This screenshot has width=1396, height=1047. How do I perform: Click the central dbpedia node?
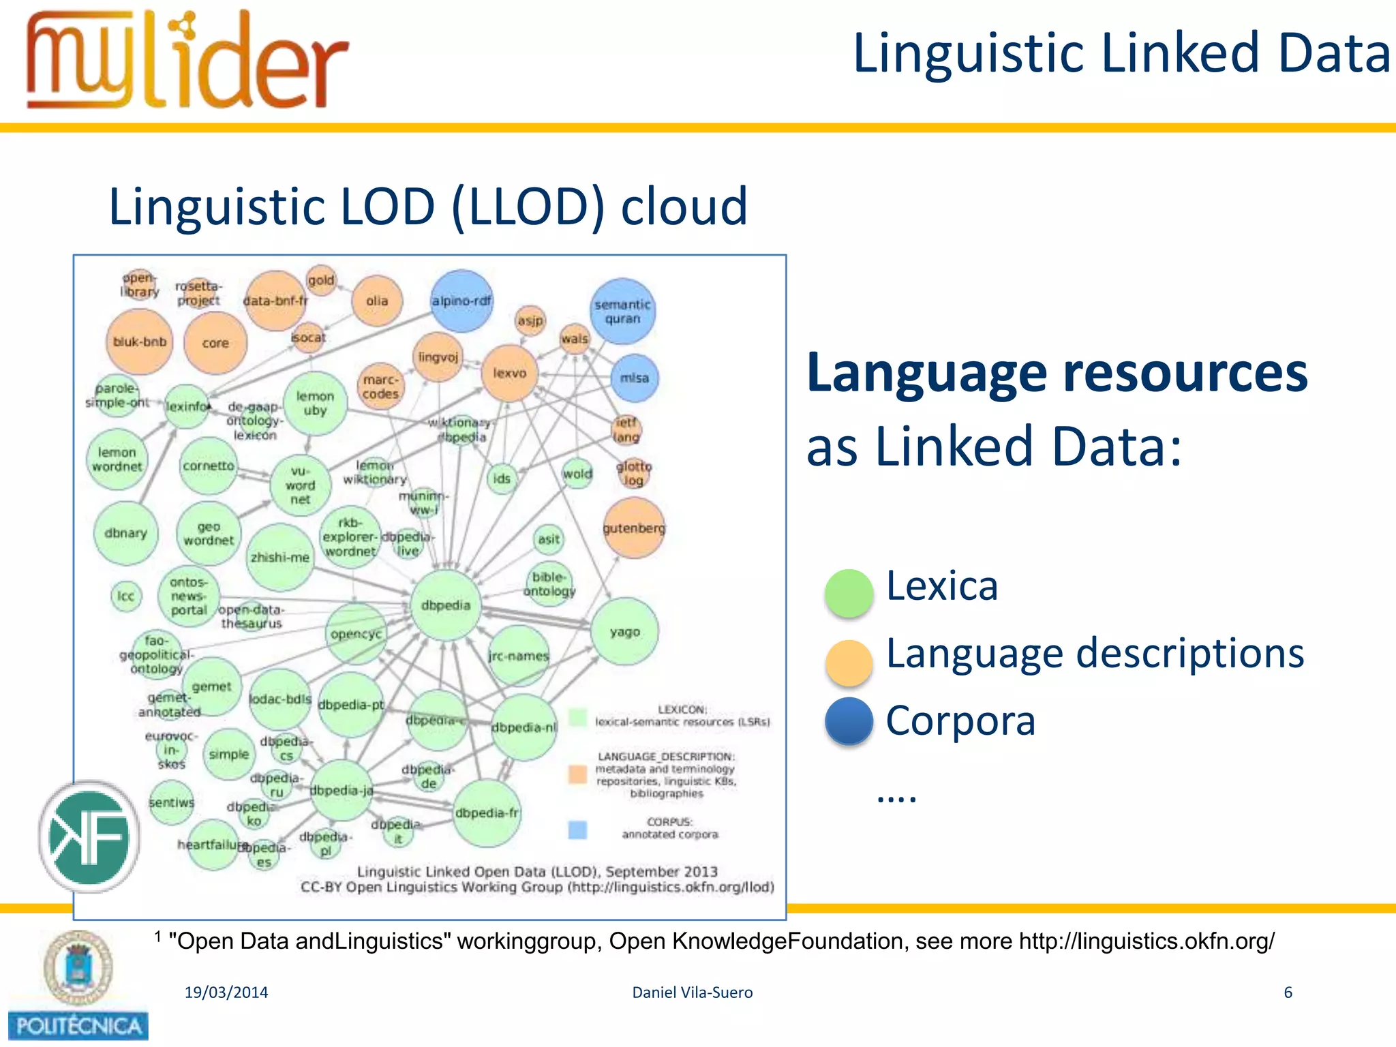(x=446, y=605)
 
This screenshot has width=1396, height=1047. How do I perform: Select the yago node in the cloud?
(x=624, y=632)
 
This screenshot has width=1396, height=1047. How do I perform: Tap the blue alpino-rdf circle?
(x=461, y=301)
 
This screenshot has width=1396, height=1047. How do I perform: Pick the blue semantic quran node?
(x=622, y=312)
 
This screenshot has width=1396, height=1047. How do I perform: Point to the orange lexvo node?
(x=510, y=373)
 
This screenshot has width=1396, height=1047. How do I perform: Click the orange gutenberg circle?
(x=633, y=528)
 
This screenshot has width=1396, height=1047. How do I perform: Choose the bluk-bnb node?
(x=140, y=342)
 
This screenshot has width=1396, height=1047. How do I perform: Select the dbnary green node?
(x=125, y=533)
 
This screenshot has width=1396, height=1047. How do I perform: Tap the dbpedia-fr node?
(x=487, y=813)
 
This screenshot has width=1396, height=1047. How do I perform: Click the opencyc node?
(x=356, y=634)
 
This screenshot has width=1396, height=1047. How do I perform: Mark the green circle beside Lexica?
(x=849, y=593)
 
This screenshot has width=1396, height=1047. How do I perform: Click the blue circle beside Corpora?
(x=849, y=721)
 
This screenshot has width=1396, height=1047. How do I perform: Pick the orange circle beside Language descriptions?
(x=849, y=662)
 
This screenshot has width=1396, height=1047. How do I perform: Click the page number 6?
(x=1288, y=992)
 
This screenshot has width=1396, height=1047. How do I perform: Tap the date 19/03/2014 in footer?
(x=226, y=992)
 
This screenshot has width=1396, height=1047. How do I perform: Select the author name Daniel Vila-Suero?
(x=692, y=992)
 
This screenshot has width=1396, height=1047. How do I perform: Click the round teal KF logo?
(x=89, y=836)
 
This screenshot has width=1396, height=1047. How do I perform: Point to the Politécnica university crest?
(x=77, y=968)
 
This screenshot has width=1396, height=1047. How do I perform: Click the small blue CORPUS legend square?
(x=577, y=830)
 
